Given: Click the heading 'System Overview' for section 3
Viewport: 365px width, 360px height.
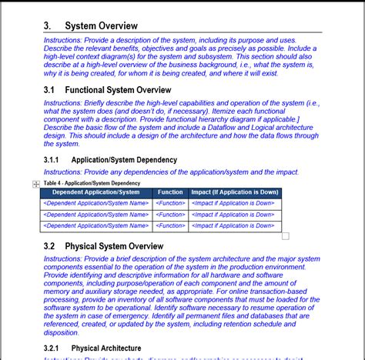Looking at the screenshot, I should point(101,25).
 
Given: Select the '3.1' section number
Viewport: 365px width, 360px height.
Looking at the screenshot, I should point(50,90).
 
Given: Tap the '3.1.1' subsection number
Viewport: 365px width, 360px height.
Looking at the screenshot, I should point(52,160).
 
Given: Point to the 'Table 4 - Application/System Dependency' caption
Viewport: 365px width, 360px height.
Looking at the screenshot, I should point(92,183).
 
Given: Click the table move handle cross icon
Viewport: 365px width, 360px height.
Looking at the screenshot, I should point(36,185).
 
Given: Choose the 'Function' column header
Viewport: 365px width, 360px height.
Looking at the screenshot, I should point(170,192).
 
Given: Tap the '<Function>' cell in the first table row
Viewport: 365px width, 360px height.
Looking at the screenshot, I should point(170,204).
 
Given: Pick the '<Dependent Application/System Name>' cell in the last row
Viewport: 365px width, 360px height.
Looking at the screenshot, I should point(95,226).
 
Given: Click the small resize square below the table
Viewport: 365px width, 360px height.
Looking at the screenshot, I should point(286,236).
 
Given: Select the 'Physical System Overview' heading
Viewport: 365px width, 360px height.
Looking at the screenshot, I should point(114,246).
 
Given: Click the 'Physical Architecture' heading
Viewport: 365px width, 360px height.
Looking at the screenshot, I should point(107,348).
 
